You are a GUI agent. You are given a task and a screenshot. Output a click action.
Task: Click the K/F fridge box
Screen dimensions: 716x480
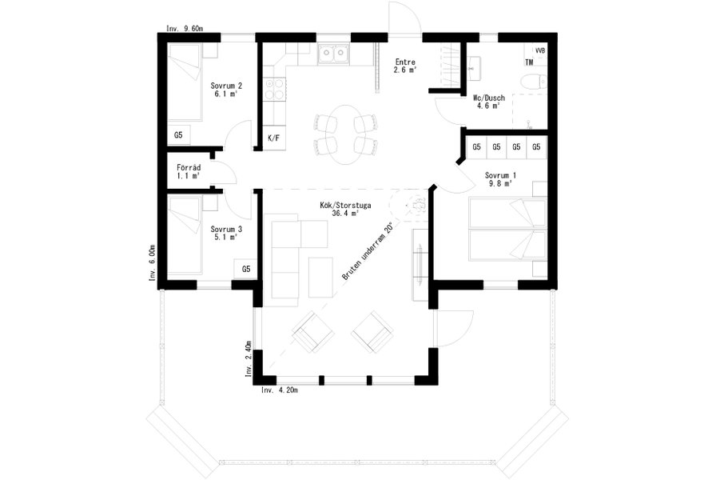coord(274,138)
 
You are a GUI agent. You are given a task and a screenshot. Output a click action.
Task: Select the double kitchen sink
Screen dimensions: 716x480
coord(332,54)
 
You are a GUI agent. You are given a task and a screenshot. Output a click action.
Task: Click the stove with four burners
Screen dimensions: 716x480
coord(275,89)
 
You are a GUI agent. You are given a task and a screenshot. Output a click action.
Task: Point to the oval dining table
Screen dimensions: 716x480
coord(346,135)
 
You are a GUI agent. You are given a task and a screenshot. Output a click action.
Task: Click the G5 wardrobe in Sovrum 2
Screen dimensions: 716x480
coord(178,135)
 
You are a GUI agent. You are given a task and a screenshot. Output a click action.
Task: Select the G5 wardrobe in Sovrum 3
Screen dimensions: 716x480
coord(246,269)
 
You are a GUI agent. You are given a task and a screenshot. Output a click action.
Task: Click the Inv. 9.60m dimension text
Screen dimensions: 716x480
coord(185,28)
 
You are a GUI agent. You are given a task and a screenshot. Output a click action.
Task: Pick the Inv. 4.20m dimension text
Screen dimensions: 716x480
coord(280,390)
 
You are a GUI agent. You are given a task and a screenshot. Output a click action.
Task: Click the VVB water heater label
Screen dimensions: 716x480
coord(540,50)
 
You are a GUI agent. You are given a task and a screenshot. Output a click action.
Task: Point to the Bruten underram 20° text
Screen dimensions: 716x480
coord(368,252)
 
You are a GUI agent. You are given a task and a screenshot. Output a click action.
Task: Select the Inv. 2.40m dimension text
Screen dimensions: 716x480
coord(249,358)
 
